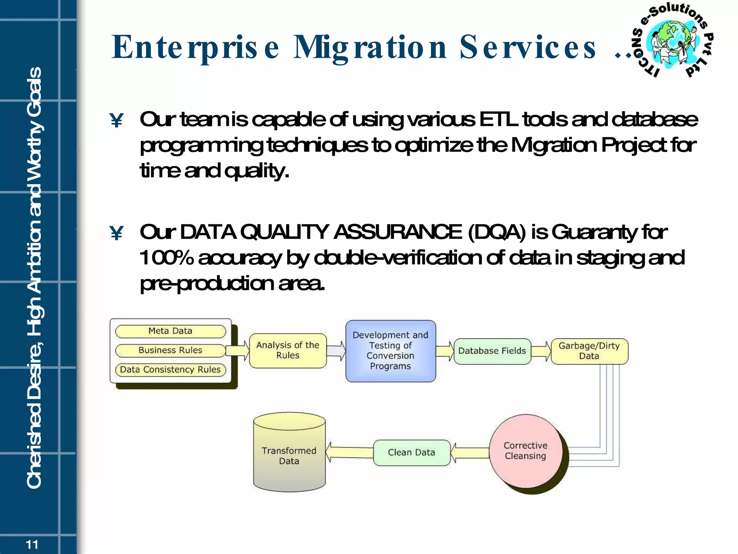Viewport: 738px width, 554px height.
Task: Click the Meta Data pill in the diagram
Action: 170,331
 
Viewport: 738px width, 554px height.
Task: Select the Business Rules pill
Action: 170,350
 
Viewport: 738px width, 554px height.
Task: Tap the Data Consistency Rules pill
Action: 170,370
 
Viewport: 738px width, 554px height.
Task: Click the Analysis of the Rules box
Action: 288,350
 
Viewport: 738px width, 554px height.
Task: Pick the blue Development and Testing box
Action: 391,351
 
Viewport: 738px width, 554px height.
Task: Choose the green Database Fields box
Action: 492,351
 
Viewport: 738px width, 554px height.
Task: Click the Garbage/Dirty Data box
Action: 589,351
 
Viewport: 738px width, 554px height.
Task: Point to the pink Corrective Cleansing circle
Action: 526,451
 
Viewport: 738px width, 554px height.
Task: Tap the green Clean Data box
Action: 412,452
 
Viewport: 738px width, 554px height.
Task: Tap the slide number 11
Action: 32,544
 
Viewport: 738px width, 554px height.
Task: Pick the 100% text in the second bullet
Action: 166,258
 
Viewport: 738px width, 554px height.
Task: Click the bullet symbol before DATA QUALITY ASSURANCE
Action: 116,233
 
